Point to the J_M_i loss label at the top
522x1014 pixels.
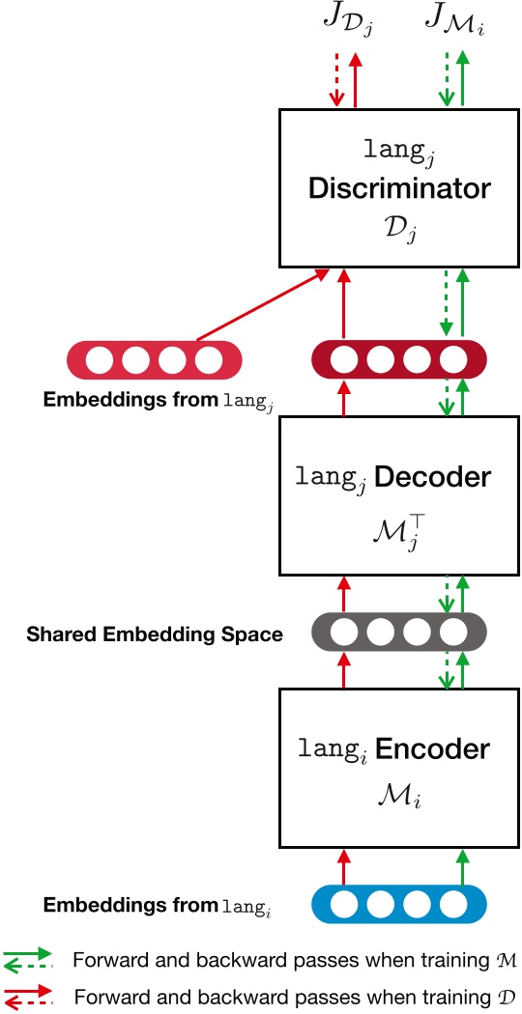tap(452, 22)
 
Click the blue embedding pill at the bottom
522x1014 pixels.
tap(398, 905)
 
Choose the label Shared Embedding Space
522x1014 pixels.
tap(155, 634)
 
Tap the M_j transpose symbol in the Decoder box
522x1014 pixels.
tap(398, 529)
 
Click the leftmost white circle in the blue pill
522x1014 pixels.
tap(345, 905)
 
